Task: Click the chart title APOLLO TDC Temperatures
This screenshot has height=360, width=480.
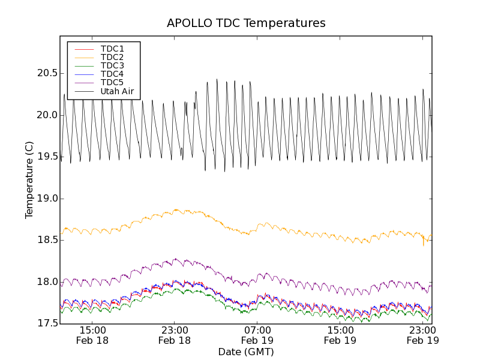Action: click(x=246, y=23)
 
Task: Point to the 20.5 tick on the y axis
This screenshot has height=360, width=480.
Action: click(x=46, y=73)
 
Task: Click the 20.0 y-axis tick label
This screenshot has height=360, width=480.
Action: click(x=46, y=115)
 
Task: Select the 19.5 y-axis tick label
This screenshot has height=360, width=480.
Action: click(x=46, y=157)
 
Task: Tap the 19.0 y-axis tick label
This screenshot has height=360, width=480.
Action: click(x=46, y=199)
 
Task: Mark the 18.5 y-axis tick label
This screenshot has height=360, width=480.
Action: click(x=46, y=240)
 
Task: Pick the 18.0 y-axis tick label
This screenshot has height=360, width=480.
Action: click(x=46, y=282)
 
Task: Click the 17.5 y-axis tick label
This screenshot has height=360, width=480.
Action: click(x=46, y=324)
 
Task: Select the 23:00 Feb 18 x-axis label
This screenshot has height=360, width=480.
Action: click(x=175, y=335)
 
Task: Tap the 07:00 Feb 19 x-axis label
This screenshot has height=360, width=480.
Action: click(x=257, y=335)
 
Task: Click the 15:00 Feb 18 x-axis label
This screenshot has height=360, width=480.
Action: click(x=92, y=335)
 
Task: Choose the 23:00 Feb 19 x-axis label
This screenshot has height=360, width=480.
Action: click(x=423, y=335)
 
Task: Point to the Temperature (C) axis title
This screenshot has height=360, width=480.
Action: click(x=29, y=180)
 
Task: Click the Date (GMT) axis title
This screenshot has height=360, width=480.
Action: click(x=246, y=352)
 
